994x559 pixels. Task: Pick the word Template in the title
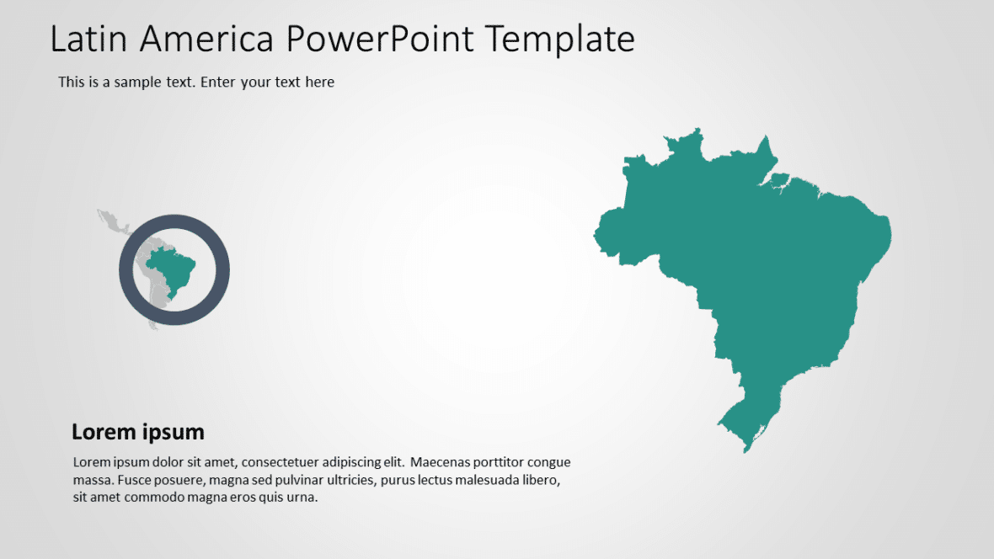(x=561, y=39)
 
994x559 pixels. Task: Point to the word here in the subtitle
(x=320, y=83)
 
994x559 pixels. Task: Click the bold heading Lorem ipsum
(x=138, y=432)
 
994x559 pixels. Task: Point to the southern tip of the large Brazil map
(x=745, y=449)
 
